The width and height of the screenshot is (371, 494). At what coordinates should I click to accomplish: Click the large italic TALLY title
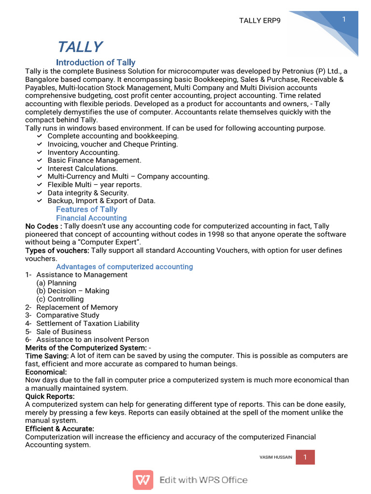tap(80, 47)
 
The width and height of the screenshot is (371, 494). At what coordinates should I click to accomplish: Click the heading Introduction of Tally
tap(96, 62)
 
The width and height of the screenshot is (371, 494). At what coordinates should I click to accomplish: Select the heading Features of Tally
tap(86, 209)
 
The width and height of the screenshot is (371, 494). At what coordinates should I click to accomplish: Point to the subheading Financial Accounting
tap(88, 218)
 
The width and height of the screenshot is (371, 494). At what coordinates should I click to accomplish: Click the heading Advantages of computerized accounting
tap(124, 266)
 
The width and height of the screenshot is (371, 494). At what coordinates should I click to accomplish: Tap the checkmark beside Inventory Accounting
tap(40, 152)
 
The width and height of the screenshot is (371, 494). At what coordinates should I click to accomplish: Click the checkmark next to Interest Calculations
tap(40, 168)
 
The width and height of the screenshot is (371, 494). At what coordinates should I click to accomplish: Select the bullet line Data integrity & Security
tap(88, 192)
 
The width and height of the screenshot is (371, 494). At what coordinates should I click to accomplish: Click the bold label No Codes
tap(43, 226)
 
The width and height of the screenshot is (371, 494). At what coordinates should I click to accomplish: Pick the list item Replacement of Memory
tap(77, 307)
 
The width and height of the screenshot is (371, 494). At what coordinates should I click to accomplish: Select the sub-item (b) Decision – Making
tap(72, 291)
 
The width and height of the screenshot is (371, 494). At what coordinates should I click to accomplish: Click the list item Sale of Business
tap(64, 331)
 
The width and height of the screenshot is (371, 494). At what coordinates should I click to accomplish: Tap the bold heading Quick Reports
tap(50, 396)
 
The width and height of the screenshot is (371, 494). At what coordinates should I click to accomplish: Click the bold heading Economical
tap(46, 372)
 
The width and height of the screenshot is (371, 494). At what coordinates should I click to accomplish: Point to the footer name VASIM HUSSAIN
tap(275, 457)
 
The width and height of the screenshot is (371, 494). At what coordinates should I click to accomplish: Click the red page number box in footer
tap(305, 457)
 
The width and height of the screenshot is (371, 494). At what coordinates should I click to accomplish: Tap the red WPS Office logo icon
tap(143, 480)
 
